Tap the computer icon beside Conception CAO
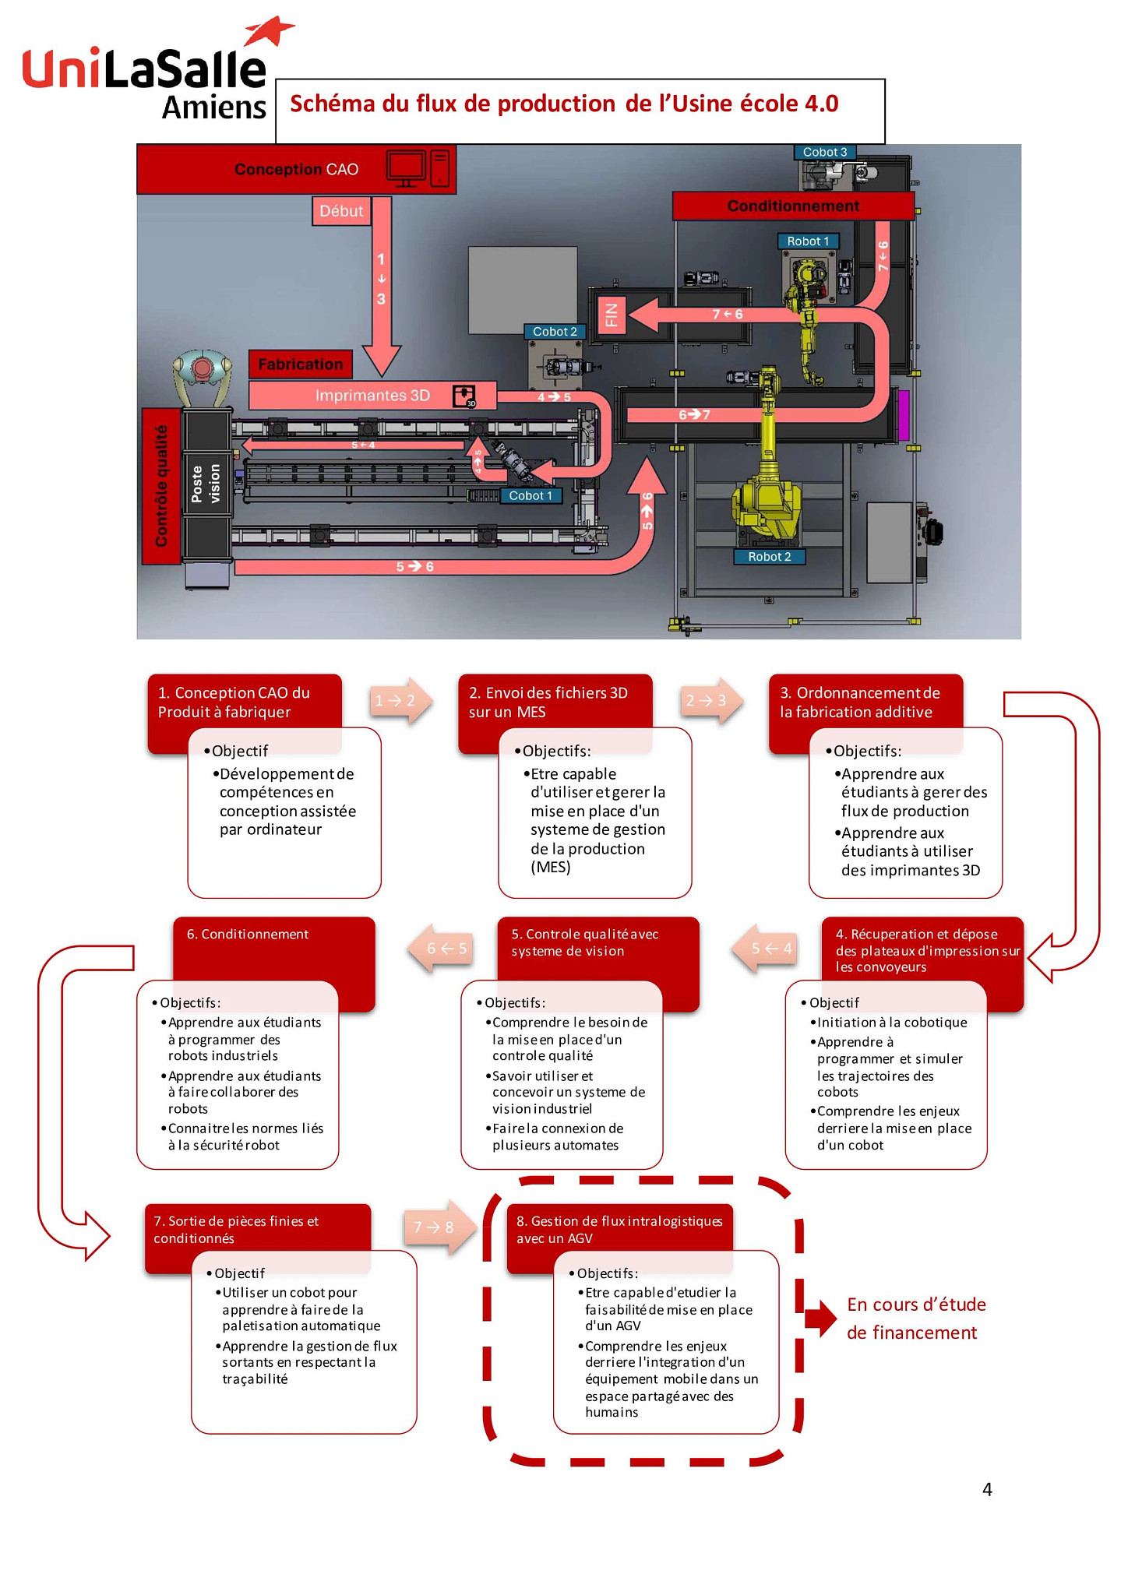pos(418,168)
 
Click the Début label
pos(341,211)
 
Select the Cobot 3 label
pos(825,152)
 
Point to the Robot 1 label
pos(808,241)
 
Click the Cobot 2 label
pos(555,332)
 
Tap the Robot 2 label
pos(769,557)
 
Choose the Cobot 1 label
pos(531,496)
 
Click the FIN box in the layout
pos(612,315)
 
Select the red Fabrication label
pos(300,364)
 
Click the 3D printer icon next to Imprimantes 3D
pos(464,396)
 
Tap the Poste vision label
pos(206,484)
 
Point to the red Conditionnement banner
pos(793,206)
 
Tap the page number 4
pos(987,1489)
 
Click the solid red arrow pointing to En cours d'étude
pos(820,1318)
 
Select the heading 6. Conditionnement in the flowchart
pos(248,935)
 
